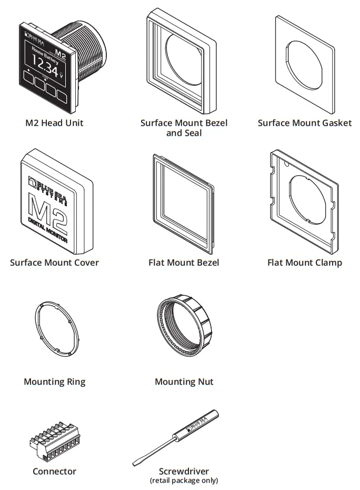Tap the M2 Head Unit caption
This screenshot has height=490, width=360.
click(54, 123)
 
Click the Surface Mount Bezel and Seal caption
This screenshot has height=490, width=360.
click(184, 128)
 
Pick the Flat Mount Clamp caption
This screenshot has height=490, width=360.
click(304, 263)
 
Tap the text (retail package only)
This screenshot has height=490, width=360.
click(184, 480)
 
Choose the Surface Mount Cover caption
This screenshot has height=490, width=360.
click(54, 263)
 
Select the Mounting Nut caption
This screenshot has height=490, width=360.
click(184, 382)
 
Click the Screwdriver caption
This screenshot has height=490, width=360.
click(184, 472)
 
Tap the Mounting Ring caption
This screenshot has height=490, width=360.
click(54, 382)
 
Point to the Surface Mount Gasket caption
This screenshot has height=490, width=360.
click(304, 123)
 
